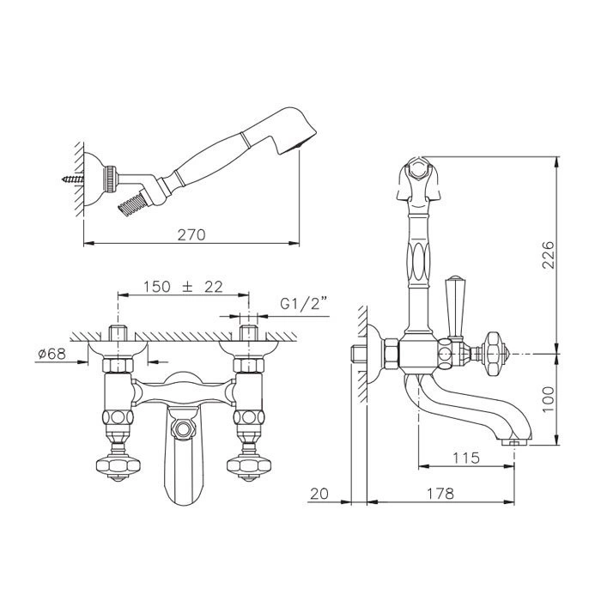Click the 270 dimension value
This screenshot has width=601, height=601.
(191, 234)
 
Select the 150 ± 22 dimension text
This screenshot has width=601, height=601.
(183, 286)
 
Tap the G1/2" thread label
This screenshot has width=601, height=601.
(304, 303)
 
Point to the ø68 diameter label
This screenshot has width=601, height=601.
(52, 354)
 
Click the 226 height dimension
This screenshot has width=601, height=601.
(548, 255)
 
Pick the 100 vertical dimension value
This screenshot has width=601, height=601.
(548, 398)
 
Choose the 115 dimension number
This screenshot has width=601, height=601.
(465, 458)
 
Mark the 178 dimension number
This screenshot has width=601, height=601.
(440, 494)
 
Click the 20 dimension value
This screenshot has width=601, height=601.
(319, 494)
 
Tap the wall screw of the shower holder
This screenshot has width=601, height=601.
(72, 179)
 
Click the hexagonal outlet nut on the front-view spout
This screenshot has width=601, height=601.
(182, 429)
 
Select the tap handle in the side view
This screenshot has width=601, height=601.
(494, 354)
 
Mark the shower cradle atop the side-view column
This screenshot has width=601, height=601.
(419, 180)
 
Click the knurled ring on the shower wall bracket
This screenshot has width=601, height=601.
(111, 179)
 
